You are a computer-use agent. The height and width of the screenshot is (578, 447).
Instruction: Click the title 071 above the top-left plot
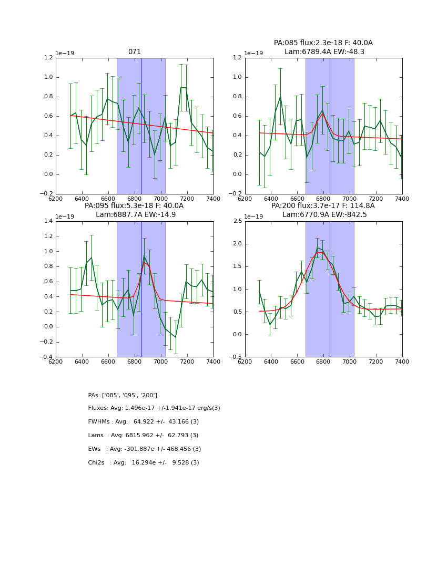[x=135, y=52]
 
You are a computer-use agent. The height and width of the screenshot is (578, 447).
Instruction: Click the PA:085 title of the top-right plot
[x=323, y=43]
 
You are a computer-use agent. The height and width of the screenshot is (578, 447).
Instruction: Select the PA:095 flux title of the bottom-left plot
[x=134, y=206]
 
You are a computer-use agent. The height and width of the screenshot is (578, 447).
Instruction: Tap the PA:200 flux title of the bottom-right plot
[x=323, y=206]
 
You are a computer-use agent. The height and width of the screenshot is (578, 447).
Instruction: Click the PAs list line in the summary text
[x=123, y=395]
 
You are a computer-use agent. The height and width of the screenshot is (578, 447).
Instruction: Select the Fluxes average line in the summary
[x=154, y=408]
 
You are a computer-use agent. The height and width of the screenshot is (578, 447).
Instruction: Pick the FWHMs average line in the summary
[x=143, y=422]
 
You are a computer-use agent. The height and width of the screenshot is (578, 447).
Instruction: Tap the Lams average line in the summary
[x=143, y=436]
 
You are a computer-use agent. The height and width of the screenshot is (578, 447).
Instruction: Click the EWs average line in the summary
[x=145, y=449]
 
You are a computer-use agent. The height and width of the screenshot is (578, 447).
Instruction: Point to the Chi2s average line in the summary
[x=144, y=463]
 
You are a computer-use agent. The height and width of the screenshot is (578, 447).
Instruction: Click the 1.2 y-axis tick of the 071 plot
[x=48, y=58]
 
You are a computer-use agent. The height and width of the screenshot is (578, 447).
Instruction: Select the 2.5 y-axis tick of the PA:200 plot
[x=238, y=221]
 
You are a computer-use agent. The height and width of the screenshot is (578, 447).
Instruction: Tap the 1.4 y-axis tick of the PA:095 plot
[x=48, y=221]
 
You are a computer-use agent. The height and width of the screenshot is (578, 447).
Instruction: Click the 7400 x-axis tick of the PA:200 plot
[x=402, y=362]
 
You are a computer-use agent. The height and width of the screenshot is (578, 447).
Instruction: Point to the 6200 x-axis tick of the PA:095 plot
[x=56, y=362]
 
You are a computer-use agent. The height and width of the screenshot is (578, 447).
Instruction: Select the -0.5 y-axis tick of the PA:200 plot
[x=236, y=357]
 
